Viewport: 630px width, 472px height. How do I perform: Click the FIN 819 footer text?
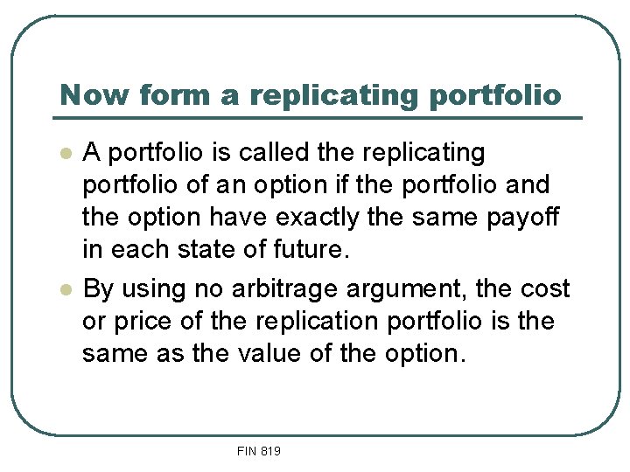tap(258, 451)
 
